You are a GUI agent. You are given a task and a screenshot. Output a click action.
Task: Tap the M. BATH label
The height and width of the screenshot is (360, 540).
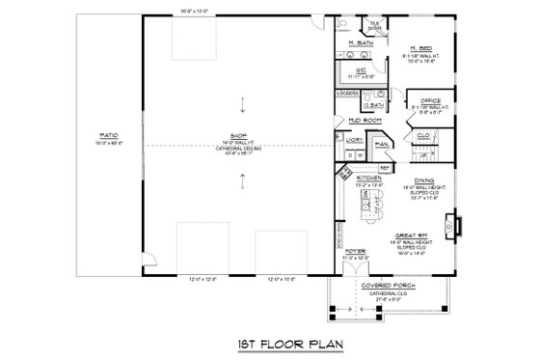[362, 44]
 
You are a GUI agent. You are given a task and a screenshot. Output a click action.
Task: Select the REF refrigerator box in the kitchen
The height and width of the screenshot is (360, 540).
[384, 168]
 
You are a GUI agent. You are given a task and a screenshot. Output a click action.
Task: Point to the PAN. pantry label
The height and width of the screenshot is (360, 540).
[380, 144]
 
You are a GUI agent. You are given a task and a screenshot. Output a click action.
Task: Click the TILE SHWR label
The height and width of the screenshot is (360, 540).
[372, 25]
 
